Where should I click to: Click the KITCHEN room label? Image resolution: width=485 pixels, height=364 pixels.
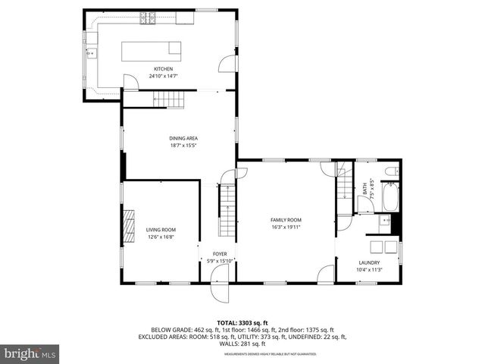coord(164,69)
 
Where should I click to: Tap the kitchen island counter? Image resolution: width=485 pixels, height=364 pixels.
coord(153,51)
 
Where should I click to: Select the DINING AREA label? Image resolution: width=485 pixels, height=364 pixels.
coord(183,137)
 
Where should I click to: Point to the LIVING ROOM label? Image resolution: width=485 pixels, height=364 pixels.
coord(161,230)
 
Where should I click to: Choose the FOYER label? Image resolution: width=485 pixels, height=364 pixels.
coord(220,255)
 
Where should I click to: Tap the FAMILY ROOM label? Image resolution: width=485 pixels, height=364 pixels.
coord(286,220)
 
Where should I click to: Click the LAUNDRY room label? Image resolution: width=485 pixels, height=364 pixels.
coord(369,263)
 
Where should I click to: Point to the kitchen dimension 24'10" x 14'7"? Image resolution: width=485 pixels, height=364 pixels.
coord(164,76)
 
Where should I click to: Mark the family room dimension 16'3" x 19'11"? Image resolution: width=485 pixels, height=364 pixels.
coord(286,227)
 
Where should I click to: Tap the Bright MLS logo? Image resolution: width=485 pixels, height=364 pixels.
coord(30,353)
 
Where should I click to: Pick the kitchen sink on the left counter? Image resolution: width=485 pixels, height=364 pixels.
coord(92,53)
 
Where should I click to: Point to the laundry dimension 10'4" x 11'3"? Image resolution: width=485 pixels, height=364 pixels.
coord(369,270)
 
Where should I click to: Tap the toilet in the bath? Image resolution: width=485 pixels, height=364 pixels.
coord(391,172)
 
